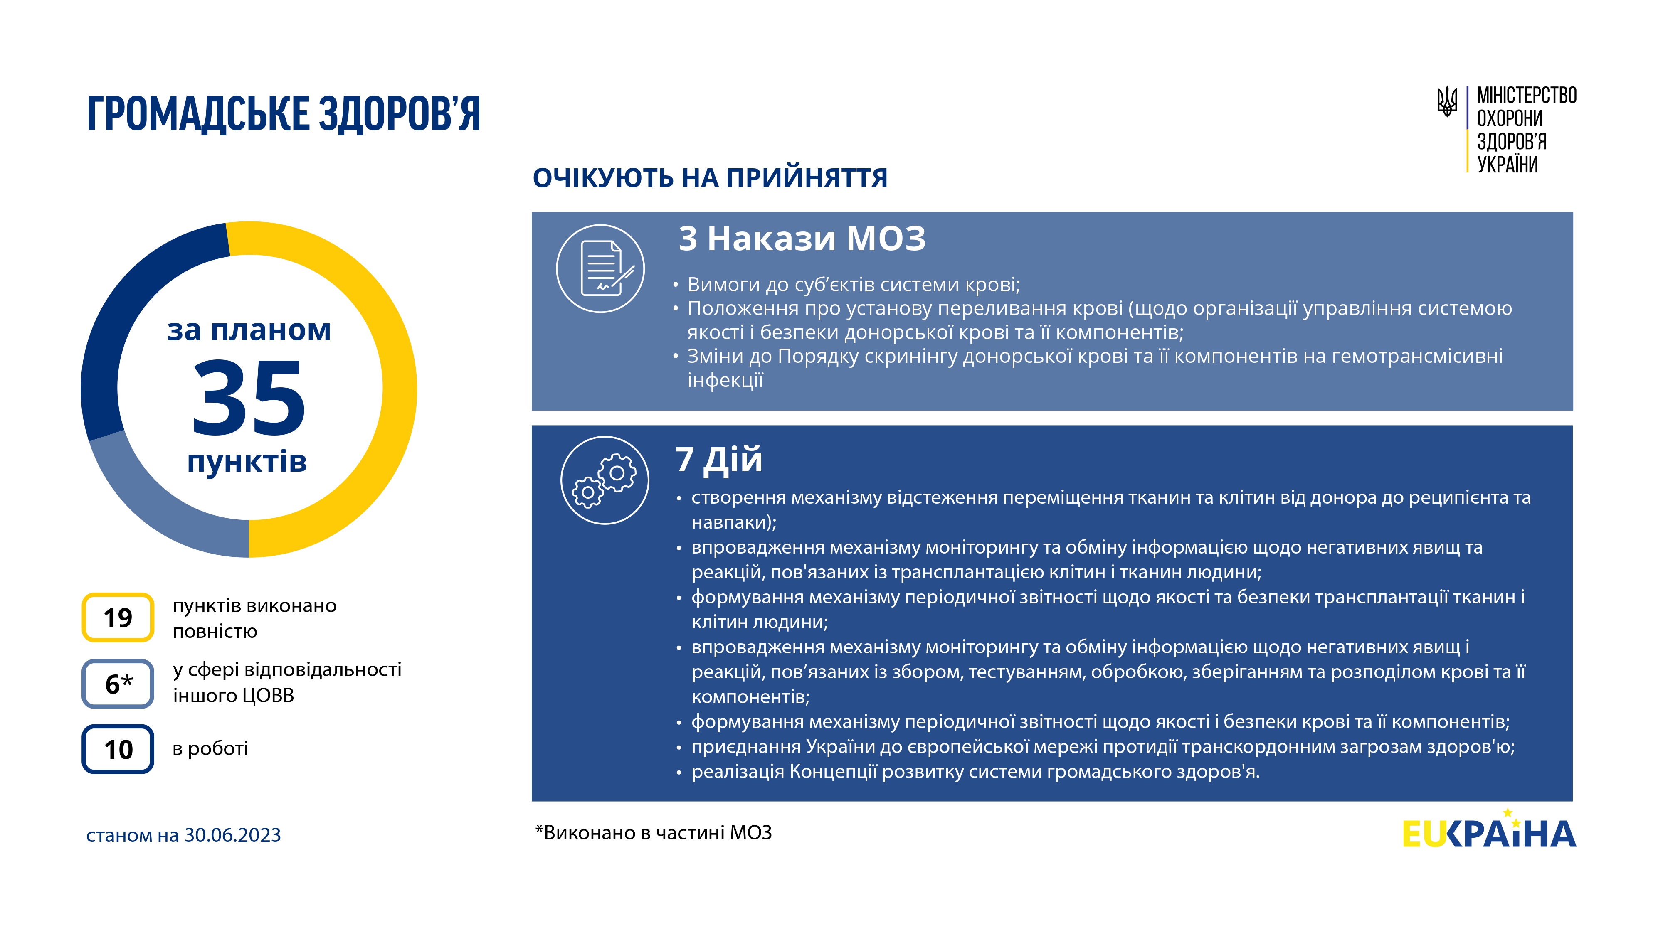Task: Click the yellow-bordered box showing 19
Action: (118, 618)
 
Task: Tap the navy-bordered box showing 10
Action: (118, 749)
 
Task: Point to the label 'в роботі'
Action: (210, 748)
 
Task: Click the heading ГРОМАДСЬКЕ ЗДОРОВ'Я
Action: (284, 113)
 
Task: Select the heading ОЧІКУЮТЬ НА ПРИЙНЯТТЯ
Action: (710, 177)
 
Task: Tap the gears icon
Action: (605, 480)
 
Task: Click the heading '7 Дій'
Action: (718, 460)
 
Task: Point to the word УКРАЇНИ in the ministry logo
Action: (1508, 165)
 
